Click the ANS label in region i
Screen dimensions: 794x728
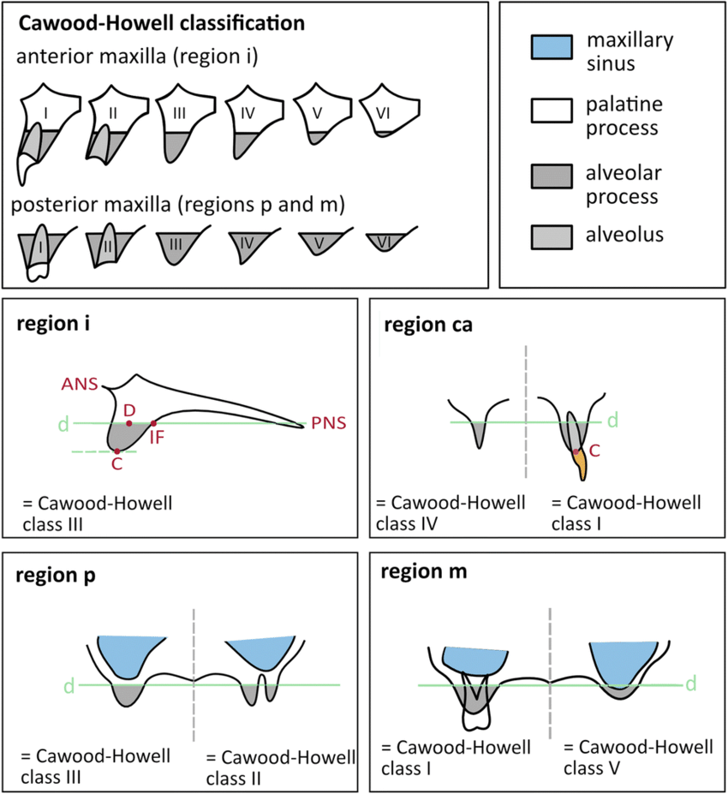point(79,384)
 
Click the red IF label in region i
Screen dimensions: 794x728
point(157,437)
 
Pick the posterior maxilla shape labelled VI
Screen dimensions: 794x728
point(386,243)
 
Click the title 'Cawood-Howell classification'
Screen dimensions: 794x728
point(161,23)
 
